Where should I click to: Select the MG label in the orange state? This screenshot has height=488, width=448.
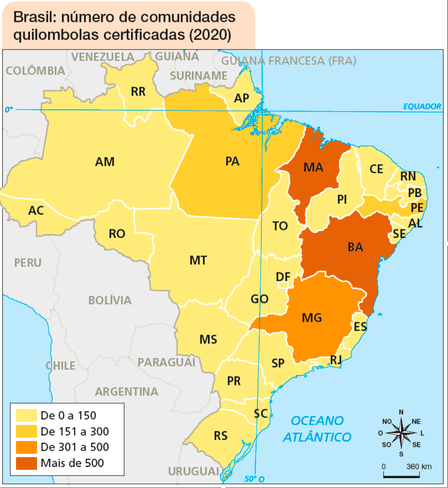[311, 318]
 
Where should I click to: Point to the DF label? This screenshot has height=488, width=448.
[283, 277]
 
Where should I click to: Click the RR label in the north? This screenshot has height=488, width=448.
[138, 92]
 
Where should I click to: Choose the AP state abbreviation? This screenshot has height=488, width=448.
[241, 98]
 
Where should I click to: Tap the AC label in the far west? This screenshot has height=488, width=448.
[36, 210]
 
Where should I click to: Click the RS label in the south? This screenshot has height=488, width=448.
[220, 435]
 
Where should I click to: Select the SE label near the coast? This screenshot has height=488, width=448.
[399, 234]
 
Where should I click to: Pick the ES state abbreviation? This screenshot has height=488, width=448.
[360, 327]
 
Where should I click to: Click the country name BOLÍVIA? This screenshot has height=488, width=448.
[110, 300]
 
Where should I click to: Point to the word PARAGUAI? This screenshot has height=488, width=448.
[166, 362]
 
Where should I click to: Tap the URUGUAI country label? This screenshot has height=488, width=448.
[194, 471]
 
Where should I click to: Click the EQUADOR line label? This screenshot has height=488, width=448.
[422, 106]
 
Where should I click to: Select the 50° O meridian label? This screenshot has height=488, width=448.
[254, 480]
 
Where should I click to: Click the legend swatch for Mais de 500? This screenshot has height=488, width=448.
[26, 463]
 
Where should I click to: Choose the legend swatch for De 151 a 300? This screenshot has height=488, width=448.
[26, 431]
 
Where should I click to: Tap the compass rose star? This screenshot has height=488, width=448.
[401, 433]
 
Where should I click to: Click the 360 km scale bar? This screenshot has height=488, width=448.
[407, 475]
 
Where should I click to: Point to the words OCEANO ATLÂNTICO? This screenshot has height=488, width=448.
[317, 429]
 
